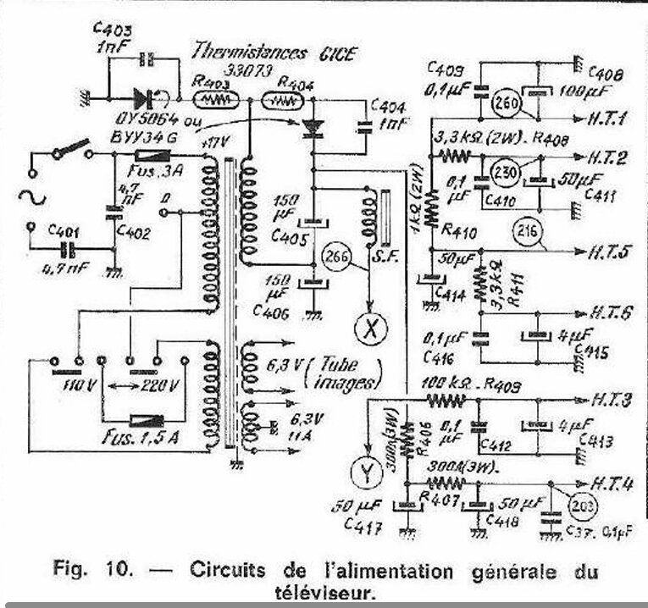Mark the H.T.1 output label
point(602,120)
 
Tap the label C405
point(289,239)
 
